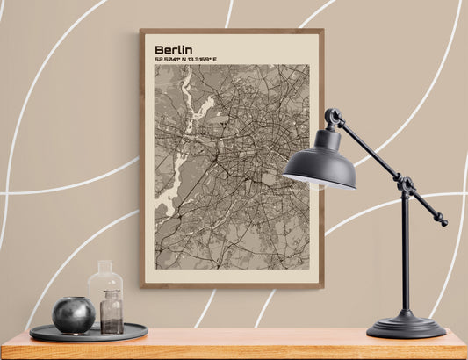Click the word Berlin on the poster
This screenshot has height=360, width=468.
(173, 50)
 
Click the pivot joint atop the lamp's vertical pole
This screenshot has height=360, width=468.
(405, 184)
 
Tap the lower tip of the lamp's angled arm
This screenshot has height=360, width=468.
(442, 221)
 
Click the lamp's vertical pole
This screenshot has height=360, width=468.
(405, 255)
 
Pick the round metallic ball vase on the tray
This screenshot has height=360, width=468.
(74, 314)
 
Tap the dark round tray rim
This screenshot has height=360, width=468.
(88, 335)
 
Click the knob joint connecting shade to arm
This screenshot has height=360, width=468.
(333, 116)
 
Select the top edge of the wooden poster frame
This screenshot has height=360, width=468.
(231, 31)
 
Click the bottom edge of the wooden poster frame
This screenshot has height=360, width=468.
(231, 284)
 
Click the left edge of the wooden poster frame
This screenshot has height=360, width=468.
(141, 158)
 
